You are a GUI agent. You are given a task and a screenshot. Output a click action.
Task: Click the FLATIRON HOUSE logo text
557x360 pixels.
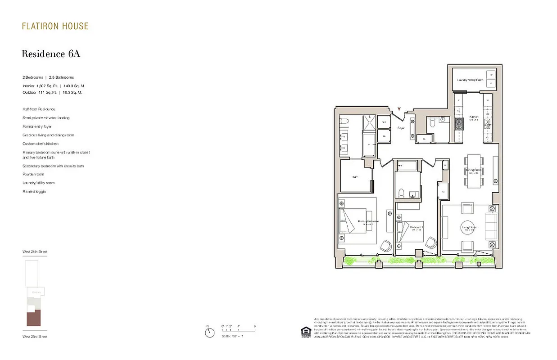(55, 26)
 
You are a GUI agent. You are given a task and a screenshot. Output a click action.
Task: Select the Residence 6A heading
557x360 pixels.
(51, 54)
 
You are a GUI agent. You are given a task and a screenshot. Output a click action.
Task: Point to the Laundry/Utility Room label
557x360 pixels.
(470, 80)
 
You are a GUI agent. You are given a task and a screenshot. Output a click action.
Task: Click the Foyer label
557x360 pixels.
(401, 128)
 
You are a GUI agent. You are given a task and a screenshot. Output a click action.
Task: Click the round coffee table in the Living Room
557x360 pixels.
(469, 228)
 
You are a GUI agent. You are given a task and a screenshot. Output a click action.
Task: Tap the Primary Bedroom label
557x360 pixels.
(368, 221)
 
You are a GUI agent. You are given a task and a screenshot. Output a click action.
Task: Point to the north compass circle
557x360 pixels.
(209, 333)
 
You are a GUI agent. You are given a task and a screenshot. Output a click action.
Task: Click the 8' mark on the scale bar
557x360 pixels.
(255, 326)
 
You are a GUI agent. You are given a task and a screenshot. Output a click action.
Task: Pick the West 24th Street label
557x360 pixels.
(35, 251)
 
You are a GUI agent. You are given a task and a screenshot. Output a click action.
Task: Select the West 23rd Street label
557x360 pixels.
(35, 336)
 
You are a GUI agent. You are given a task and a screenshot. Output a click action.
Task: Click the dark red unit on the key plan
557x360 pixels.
(34, 318)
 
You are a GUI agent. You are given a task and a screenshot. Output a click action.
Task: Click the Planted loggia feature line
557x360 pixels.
(34, 192)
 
